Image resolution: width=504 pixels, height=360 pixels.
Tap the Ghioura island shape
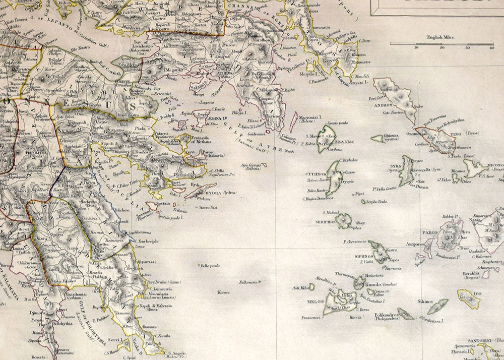tap(378, 138)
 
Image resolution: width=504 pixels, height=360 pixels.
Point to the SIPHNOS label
tap(364, 256)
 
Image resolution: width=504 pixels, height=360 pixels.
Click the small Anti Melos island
tap(311, 286)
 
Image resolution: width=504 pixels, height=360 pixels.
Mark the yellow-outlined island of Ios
tap(469, 298)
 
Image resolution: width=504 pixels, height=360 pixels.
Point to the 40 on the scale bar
tap(491, 47)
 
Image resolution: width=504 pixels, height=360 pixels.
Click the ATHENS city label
tap(226, 72)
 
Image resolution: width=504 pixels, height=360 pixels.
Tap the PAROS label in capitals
tap(429, 233)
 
